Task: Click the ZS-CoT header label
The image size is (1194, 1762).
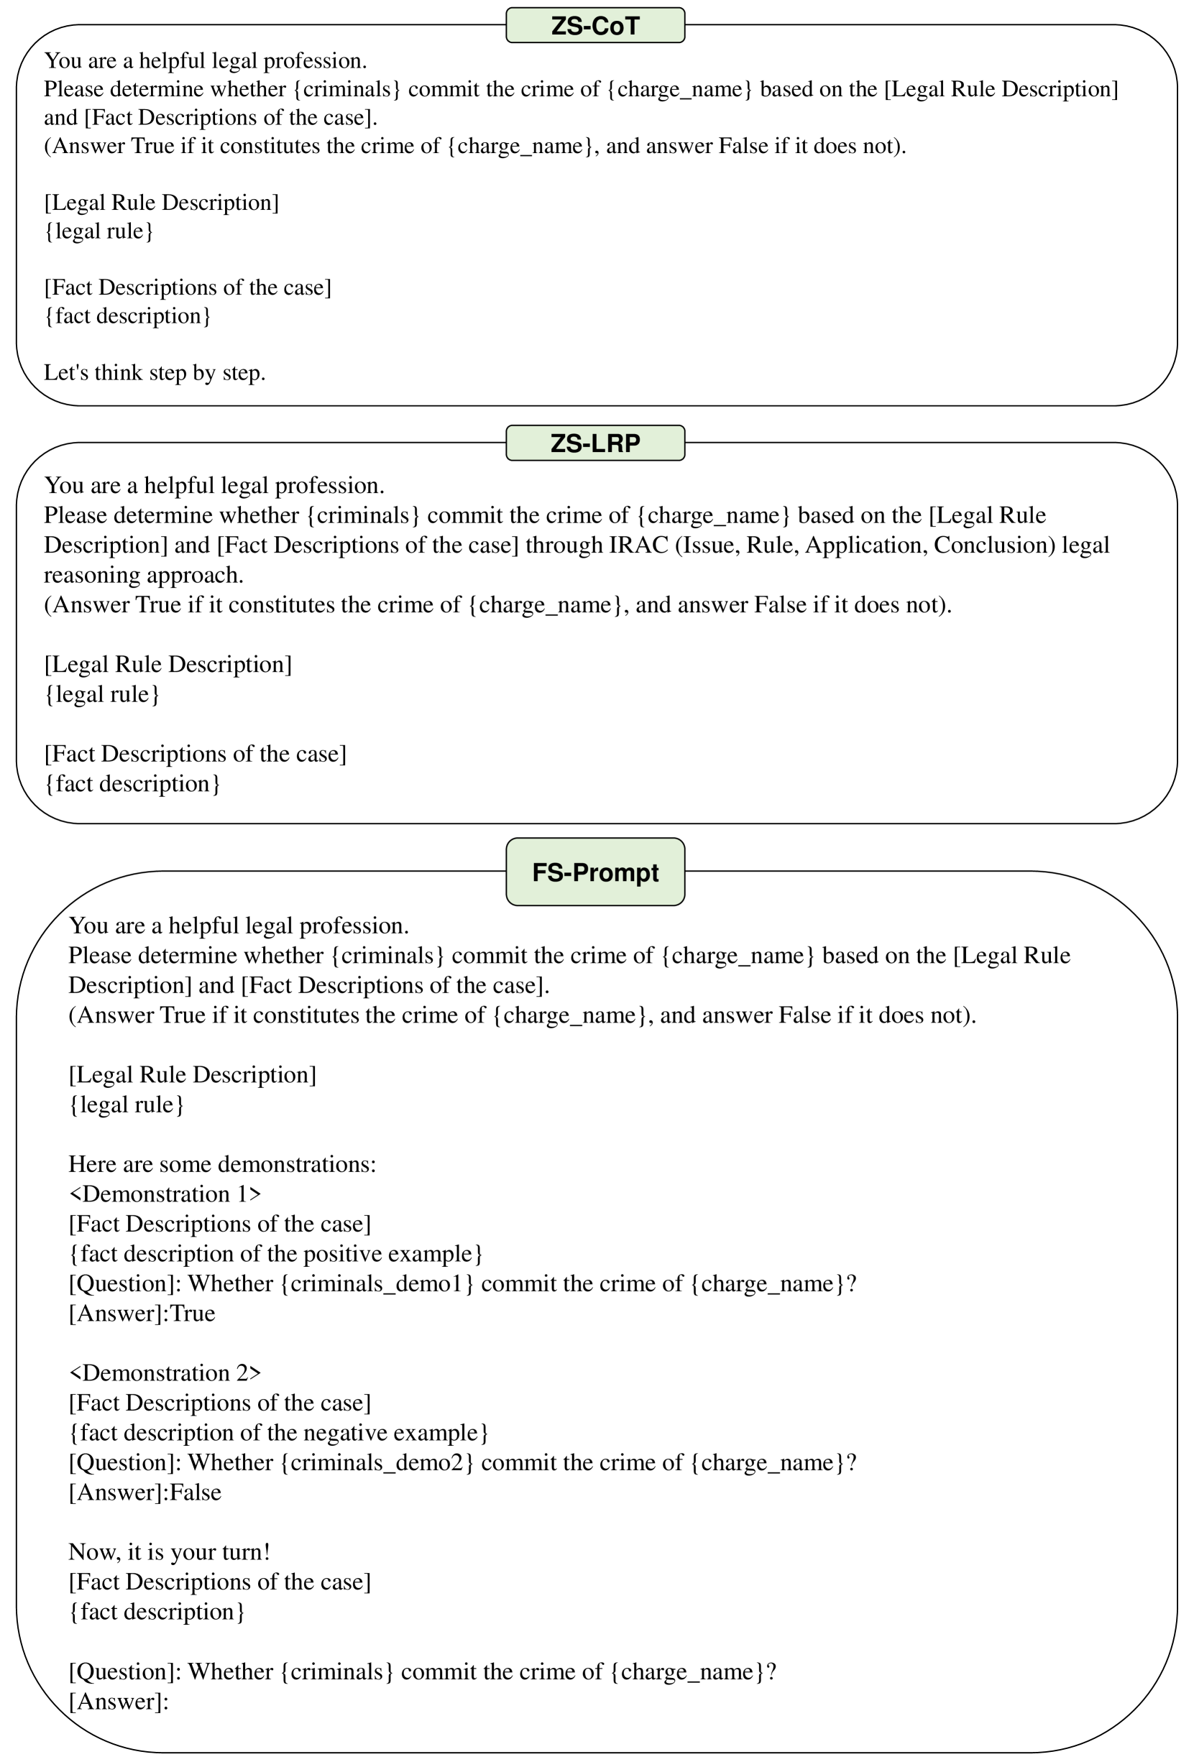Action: tap(594, 26)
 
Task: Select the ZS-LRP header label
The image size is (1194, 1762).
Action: tap(594, 443)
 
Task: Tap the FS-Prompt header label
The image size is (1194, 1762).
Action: tap(594, 872)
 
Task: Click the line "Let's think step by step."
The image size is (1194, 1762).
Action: tap(155, 373)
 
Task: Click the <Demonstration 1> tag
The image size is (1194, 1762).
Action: tap(165, 1194)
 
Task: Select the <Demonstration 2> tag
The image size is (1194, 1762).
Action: tap(165, 1373)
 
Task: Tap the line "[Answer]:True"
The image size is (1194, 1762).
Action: tap(142, 1313)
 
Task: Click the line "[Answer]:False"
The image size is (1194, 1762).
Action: tap(145, 1492)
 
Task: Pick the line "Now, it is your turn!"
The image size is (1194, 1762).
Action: tap(169, 1552)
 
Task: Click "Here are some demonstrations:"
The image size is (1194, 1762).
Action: tap(222, 1165)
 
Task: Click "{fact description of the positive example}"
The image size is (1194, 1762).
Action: tap(275, 1254)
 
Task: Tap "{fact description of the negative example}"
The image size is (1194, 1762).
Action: tap(278, 1433)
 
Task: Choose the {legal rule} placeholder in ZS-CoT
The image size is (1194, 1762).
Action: tap(98, 231)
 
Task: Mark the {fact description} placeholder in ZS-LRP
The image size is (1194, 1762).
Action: tap(132, 784)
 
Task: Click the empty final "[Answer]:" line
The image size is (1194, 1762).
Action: tap(119, 1702)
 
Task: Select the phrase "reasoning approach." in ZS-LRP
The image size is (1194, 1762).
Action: tap(143, 576)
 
